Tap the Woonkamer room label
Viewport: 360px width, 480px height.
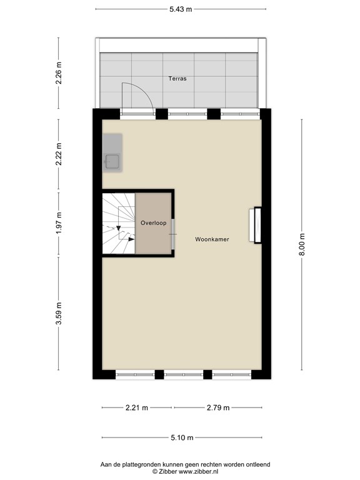[212, 239]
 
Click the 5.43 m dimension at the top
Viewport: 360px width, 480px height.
[181, 9]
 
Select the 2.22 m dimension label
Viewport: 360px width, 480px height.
[59, 154]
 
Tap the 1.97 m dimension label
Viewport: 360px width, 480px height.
[59, 224]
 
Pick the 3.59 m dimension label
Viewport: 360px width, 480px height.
[59, 318]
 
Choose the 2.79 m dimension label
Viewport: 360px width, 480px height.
[217, 408]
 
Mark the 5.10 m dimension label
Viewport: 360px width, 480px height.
[181, 437]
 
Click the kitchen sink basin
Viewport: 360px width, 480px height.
[113, 162]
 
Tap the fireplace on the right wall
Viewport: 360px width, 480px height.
[256, 225]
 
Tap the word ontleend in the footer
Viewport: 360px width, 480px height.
[256, 464]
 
